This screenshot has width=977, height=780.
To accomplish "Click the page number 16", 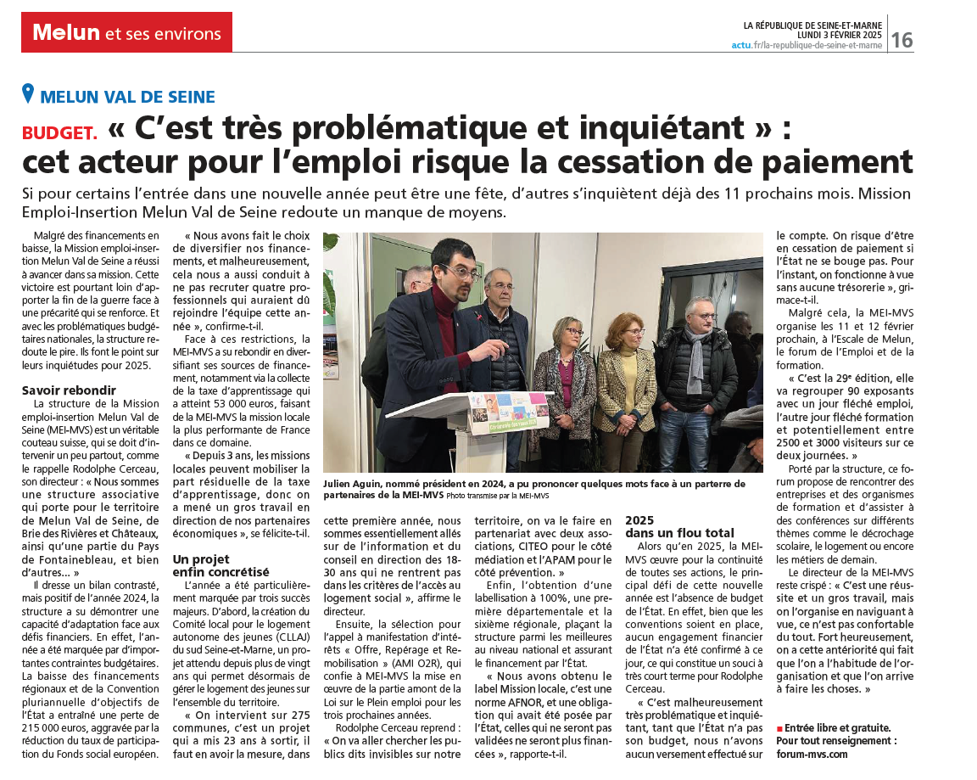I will [902, 39].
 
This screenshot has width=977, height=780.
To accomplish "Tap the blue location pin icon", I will [29, 94].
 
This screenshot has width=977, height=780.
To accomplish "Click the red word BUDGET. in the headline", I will [59, 132].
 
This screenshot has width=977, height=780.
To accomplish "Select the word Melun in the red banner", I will [65, 33].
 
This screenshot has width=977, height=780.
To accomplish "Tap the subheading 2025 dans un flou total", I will [679, 526].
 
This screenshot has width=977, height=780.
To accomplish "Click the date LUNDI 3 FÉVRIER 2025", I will [835, 35].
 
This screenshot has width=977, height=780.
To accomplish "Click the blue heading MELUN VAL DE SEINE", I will [127, 97].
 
